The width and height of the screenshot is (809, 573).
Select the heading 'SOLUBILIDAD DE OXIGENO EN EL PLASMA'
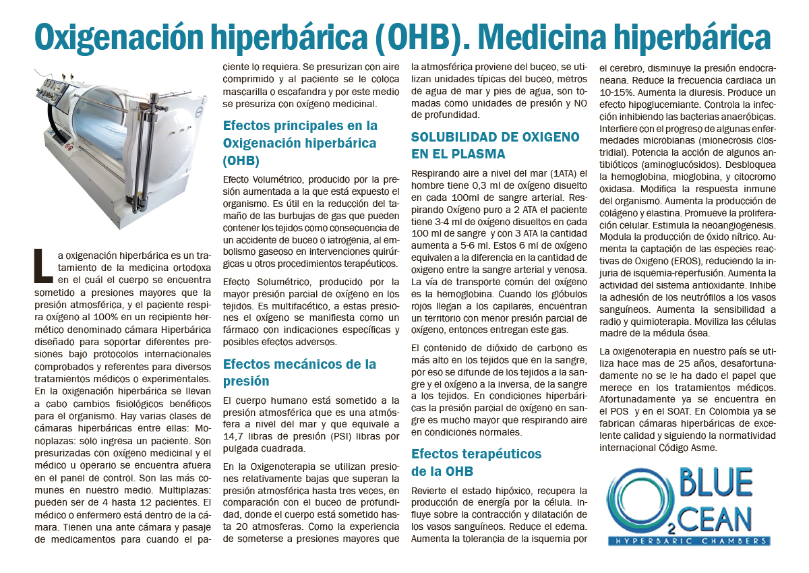(x=495, y=145)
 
